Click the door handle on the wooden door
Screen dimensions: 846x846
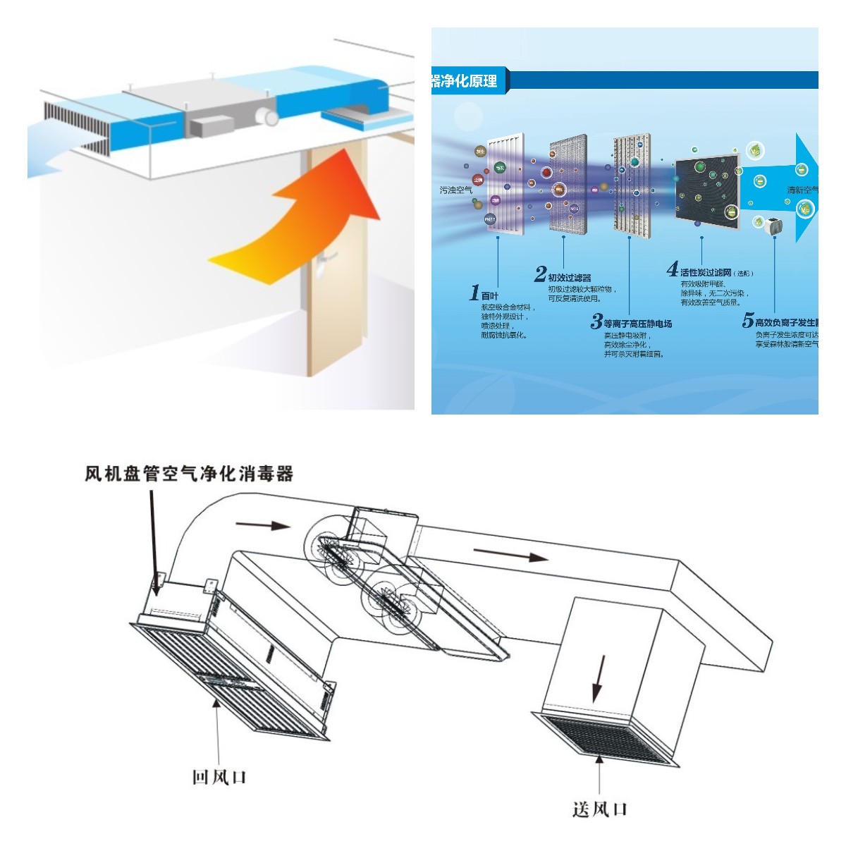[x=323, y=263]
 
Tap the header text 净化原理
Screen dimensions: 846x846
[x=465, y=80]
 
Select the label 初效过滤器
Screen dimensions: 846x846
[x=570, y=278]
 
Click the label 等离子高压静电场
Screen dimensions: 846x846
[x=637, y=324]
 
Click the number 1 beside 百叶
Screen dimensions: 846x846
[x=474, y=293]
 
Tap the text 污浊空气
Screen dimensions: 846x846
[x=456, y=190]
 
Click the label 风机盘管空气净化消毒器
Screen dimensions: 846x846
[x=189, y=473]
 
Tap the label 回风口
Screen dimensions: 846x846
[x=219, y=777]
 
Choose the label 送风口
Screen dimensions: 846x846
[x=600, y=809]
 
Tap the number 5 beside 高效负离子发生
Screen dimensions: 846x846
[x=747, y=321]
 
